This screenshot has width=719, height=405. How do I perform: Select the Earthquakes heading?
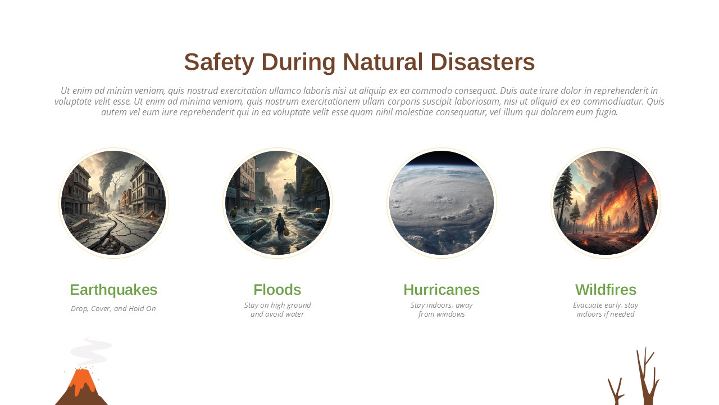point(113,290)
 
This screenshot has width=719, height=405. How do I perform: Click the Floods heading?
point(277,290)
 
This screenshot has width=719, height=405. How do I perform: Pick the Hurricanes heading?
point(442,290)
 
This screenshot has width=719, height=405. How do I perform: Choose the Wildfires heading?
point(606,290)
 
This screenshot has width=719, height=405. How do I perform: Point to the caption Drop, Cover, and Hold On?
point(113,309)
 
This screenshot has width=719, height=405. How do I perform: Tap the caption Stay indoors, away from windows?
point(442,309)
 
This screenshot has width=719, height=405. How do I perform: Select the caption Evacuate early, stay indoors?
point(606,309)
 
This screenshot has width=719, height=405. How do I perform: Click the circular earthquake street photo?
point(113,203)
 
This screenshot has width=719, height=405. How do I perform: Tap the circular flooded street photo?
point(277,203)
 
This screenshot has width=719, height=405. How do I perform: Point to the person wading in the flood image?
point(280,225)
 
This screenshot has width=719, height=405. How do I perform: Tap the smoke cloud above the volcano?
point(90,352)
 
